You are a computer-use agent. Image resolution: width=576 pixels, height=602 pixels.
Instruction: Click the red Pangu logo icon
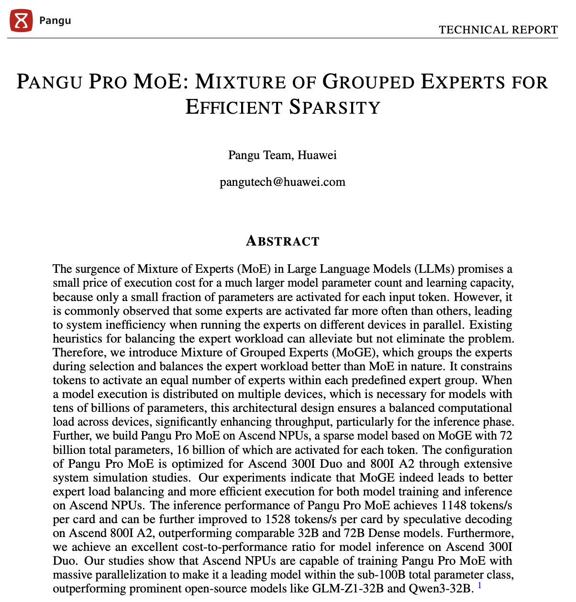pyautogui.click(x=21, y=21)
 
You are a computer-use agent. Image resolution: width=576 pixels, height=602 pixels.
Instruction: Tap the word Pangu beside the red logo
pyautogui.click(x=55, y=21)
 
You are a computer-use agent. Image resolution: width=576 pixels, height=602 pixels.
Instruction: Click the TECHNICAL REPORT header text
pyautogui.click(x=498, y=30)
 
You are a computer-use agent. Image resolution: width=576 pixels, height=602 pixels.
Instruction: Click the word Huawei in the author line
pyautogui.click(x=317, y=155)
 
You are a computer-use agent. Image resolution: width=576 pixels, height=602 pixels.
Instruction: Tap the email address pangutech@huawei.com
pyautogui.click(x=282, y=182)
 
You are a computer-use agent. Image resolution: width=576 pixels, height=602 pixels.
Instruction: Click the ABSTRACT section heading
pyautogui.click(x=282, y=241)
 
